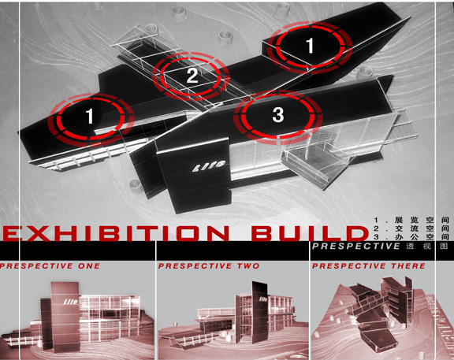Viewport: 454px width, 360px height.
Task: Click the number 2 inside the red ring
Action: [192, 76]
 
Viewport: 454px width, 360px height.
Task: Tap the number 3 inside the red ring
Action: [278, 114]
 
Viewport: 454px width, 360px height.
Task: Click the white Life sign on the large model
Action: [209, 166]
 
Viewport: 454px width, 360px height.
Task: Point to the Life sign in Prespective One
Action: [71, 302]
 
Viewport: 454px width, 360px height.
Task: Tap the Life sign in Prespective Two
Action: [263, 299]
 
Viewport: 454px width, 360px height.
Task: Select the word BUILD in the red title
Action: [309, 233]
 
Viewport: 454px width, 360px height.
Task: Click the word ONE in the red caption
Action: [89, 265]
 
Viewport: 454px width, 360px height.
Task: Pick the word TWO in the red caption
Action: [248, 265]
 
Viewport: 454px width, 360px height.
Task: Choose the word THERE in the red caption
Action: [408, 265]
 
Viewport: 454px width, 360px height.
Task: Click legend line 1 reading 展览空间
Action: [411, 220]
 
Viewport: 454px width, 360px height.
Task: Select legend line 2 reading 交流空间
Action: [411, 228]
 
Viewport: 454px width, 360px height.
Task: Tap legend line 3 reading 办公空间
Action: [411, 237]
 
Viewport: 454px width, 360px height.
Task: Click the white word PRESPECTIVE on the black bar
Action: [356, 246]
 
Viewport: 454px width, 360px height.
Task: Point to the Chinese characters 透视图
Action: [427, 246]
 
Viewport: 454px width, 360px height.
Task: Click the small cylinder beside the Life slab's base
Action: [135, 185]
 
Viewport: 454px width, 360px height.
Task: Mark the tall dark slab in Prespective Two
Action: [259, 311]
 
